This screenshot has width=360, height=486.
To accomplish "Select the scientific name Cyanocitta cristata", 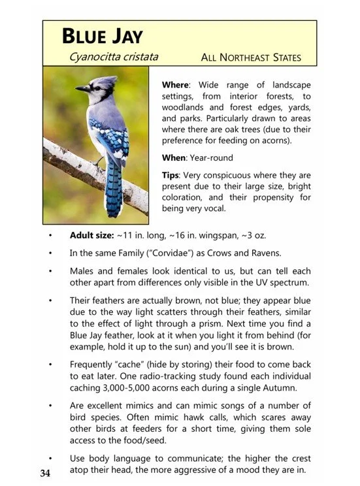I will (x=123, y=57).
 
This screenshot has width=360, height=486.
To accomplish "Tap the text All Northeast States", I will (x=252, y=58).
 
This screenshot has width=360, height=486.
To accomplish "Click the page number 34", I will (x=45, y=473).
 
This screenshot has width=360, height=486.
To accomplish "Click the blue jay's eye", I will (x=95, y=86).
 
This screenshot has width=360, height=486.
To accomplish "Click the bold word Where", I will (x=175, y=85).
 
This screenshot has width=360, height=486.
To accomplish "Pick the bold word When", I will (x=174, y=157).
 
